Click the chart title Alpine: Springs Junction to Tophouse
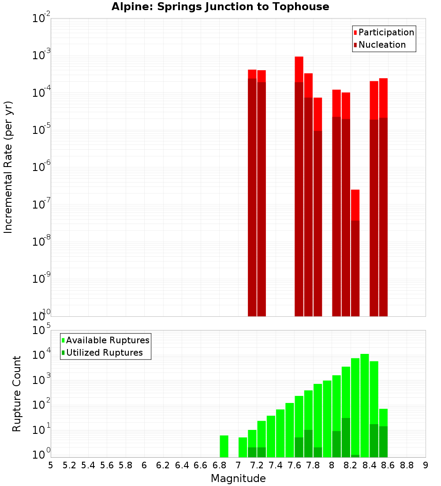point(220,7)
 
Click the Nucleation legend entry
point(382,45)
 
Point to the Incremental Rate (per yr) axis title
point(8,167)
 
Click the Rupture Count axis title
point(17,394)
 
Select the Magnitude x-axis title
point(238,478)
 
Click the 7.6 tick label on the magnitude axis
point(294,465)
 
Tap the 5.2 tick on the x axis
point(69,465)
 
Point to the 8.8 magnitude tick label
point(407,465)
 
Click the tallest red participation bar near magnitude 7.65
point(299,69)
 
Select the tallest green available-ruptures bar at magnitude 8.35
point(365,404)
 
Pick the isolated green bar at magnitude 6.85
point(224,446)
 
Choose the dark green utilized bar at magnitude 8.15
point(346,437)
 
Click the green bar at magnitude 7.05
point(243,447)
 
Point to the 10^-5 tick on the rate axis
point(40,129)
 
